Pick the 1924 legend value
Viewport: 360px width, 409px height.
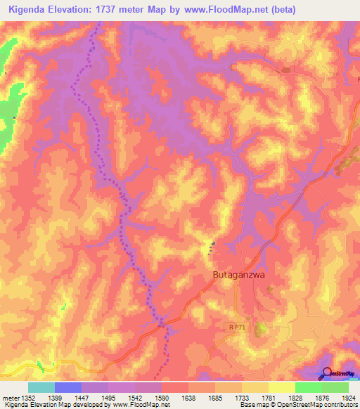(x=347, y=398)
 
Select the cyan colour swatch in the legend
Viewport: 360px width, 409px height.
(x=41, y=387)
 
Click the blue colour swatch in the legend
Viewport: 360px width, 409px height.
(x=68, y=387)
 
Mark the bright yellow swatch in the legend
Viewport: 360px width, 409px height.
(x=282, y=387)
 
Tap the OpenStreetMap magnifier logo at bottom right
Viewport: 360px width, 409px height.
(x=327, y=374)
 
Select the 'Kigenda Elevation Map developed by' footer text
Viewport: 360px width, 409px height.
(x=51, y=405)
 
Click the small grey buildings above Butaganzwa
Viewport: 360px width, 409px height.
(x=212, y=247)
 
